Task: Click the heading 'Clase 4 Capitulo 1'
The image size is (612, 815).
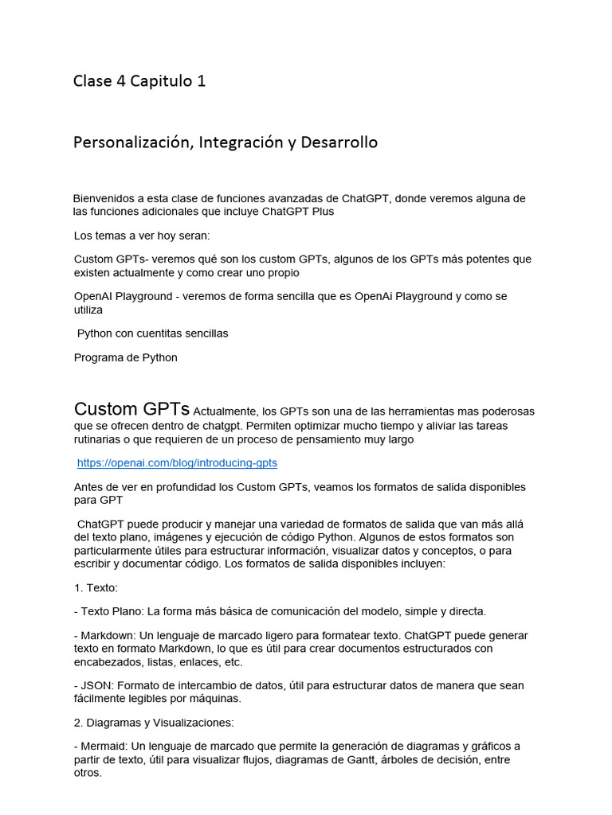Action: (x=139, y=81)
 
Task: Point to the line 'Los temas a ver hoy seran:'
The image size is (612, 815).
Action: (x=142, y=236)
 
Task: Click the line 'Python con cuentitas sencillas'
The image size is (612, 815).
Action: (x=152, y=333)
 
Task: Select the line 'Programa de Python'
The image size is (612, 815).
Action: (x=126, y=357)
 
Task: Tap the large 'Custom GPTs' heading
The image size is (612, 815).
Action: (x=131, y=409)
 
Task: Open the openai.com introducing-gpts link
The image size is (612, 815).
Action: (x=177, y=462)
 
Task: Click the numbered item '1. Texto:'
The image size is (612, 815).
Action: (x=96, y=587)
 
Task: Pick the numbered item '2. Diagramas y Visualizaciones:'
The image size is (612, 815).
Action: (x=153, y=723)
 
